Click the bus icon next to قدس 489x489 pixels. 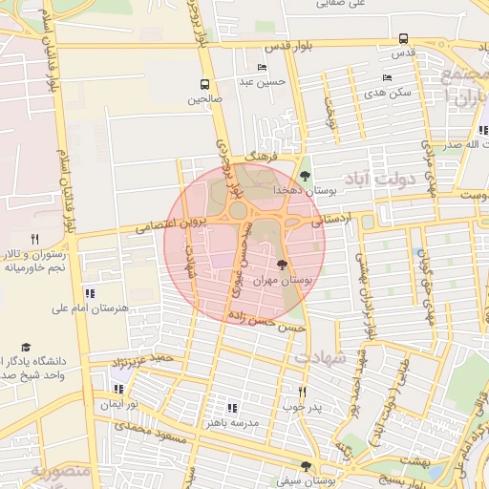click(x=403, y=39)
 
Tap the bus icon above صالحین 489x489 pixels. click(x=204, y=84)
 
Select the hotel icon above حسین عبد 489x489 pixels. click(x=263, y=68)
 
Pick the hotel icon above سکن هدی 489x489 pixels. click(x=387, y=78)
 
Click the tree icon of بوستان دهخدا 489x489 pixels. click(x=305, y=176)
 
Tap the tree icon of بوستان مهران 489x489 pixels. click(x=281, y=265)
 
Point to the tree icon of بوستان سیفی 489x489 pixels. click(x=306, y=466)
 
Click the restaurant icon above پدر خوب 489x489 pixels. click(x=303, y=391)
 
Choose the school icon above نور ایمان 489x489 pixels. click(x=118, y=389)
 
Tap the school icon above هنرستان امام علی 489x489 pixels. click(x=90, y=293)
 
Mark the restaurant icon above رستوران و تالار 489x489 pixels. click(x=35, y=239)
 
